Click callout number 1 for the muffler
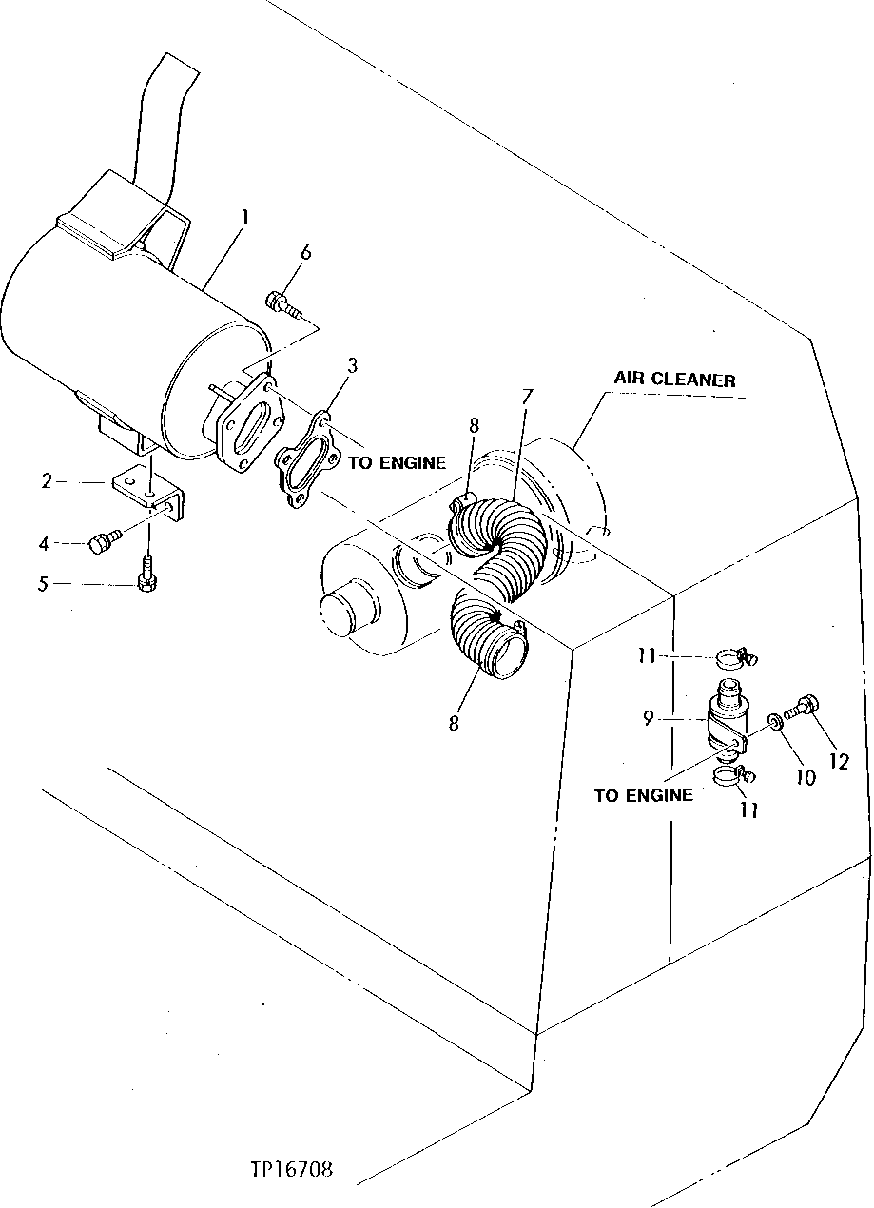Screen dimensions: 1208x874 244,217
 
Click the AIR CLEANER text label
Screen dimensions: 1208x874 673,380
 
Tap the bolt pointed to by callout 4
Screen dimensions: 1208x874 102,543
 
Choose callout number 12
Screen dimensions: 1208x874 838,762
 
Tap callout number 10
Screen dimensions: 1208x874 805,777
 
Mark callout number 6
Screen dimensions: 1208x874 304,252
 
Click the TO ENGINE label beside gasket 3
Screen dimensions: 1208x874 396,463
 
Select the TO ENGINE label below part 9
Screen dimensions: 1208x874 643,795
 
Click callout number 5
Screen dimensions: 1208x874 43,583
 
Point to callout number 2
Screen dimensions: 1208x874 47,481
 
